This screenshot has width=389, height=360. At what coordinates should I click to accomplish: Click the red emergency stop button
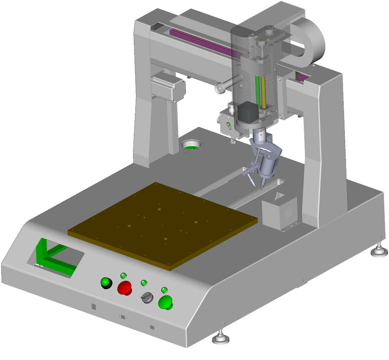(125, 288)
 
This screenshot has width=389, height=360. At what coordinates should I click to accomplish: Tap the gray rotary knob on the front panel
(147, 298)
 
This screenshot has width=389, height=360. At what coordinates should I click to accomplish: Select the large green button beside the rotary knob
(165, 303)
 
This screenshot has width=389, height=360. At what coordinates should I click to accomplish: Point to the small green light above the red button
(123, 275)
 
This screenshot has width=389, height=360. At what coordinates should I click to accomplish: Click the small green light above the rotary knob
(144, 283)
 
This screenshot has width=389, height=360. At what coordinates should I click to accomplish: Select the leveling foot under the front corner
(221, 337)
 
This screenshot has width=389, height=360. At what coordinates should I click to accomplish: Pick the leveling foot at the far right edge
(379, 251)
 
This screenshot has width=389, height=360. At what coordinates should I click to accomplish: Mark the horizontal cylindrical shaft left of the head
(228, 84)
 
